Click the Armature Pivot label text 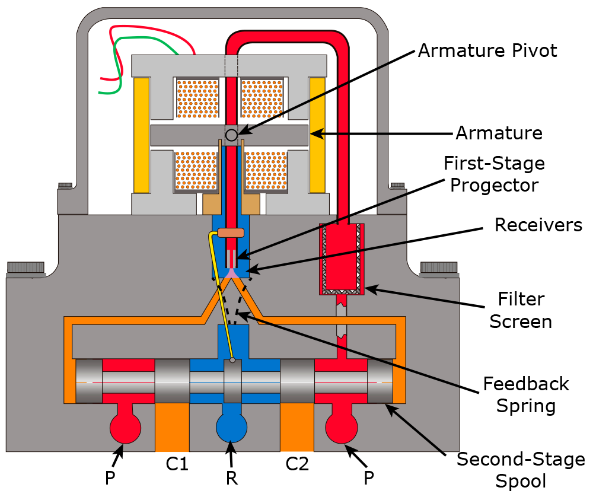[x=487, y=51]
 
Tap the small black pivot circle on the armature [x=232, y=135]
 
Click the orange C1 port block [x=172, y=428]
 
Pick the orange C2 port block [x=296, y=428]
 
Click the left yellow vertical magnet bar [x=141, y=135]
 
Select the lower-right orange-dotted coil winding [x=266, y=171]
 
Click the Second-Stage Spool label [x=521, y=469]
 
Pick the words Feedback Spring [x=525, y=394]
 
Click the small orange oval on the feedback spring [x=231, y=232]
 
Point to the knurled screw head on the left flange [x=26, y=267]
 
